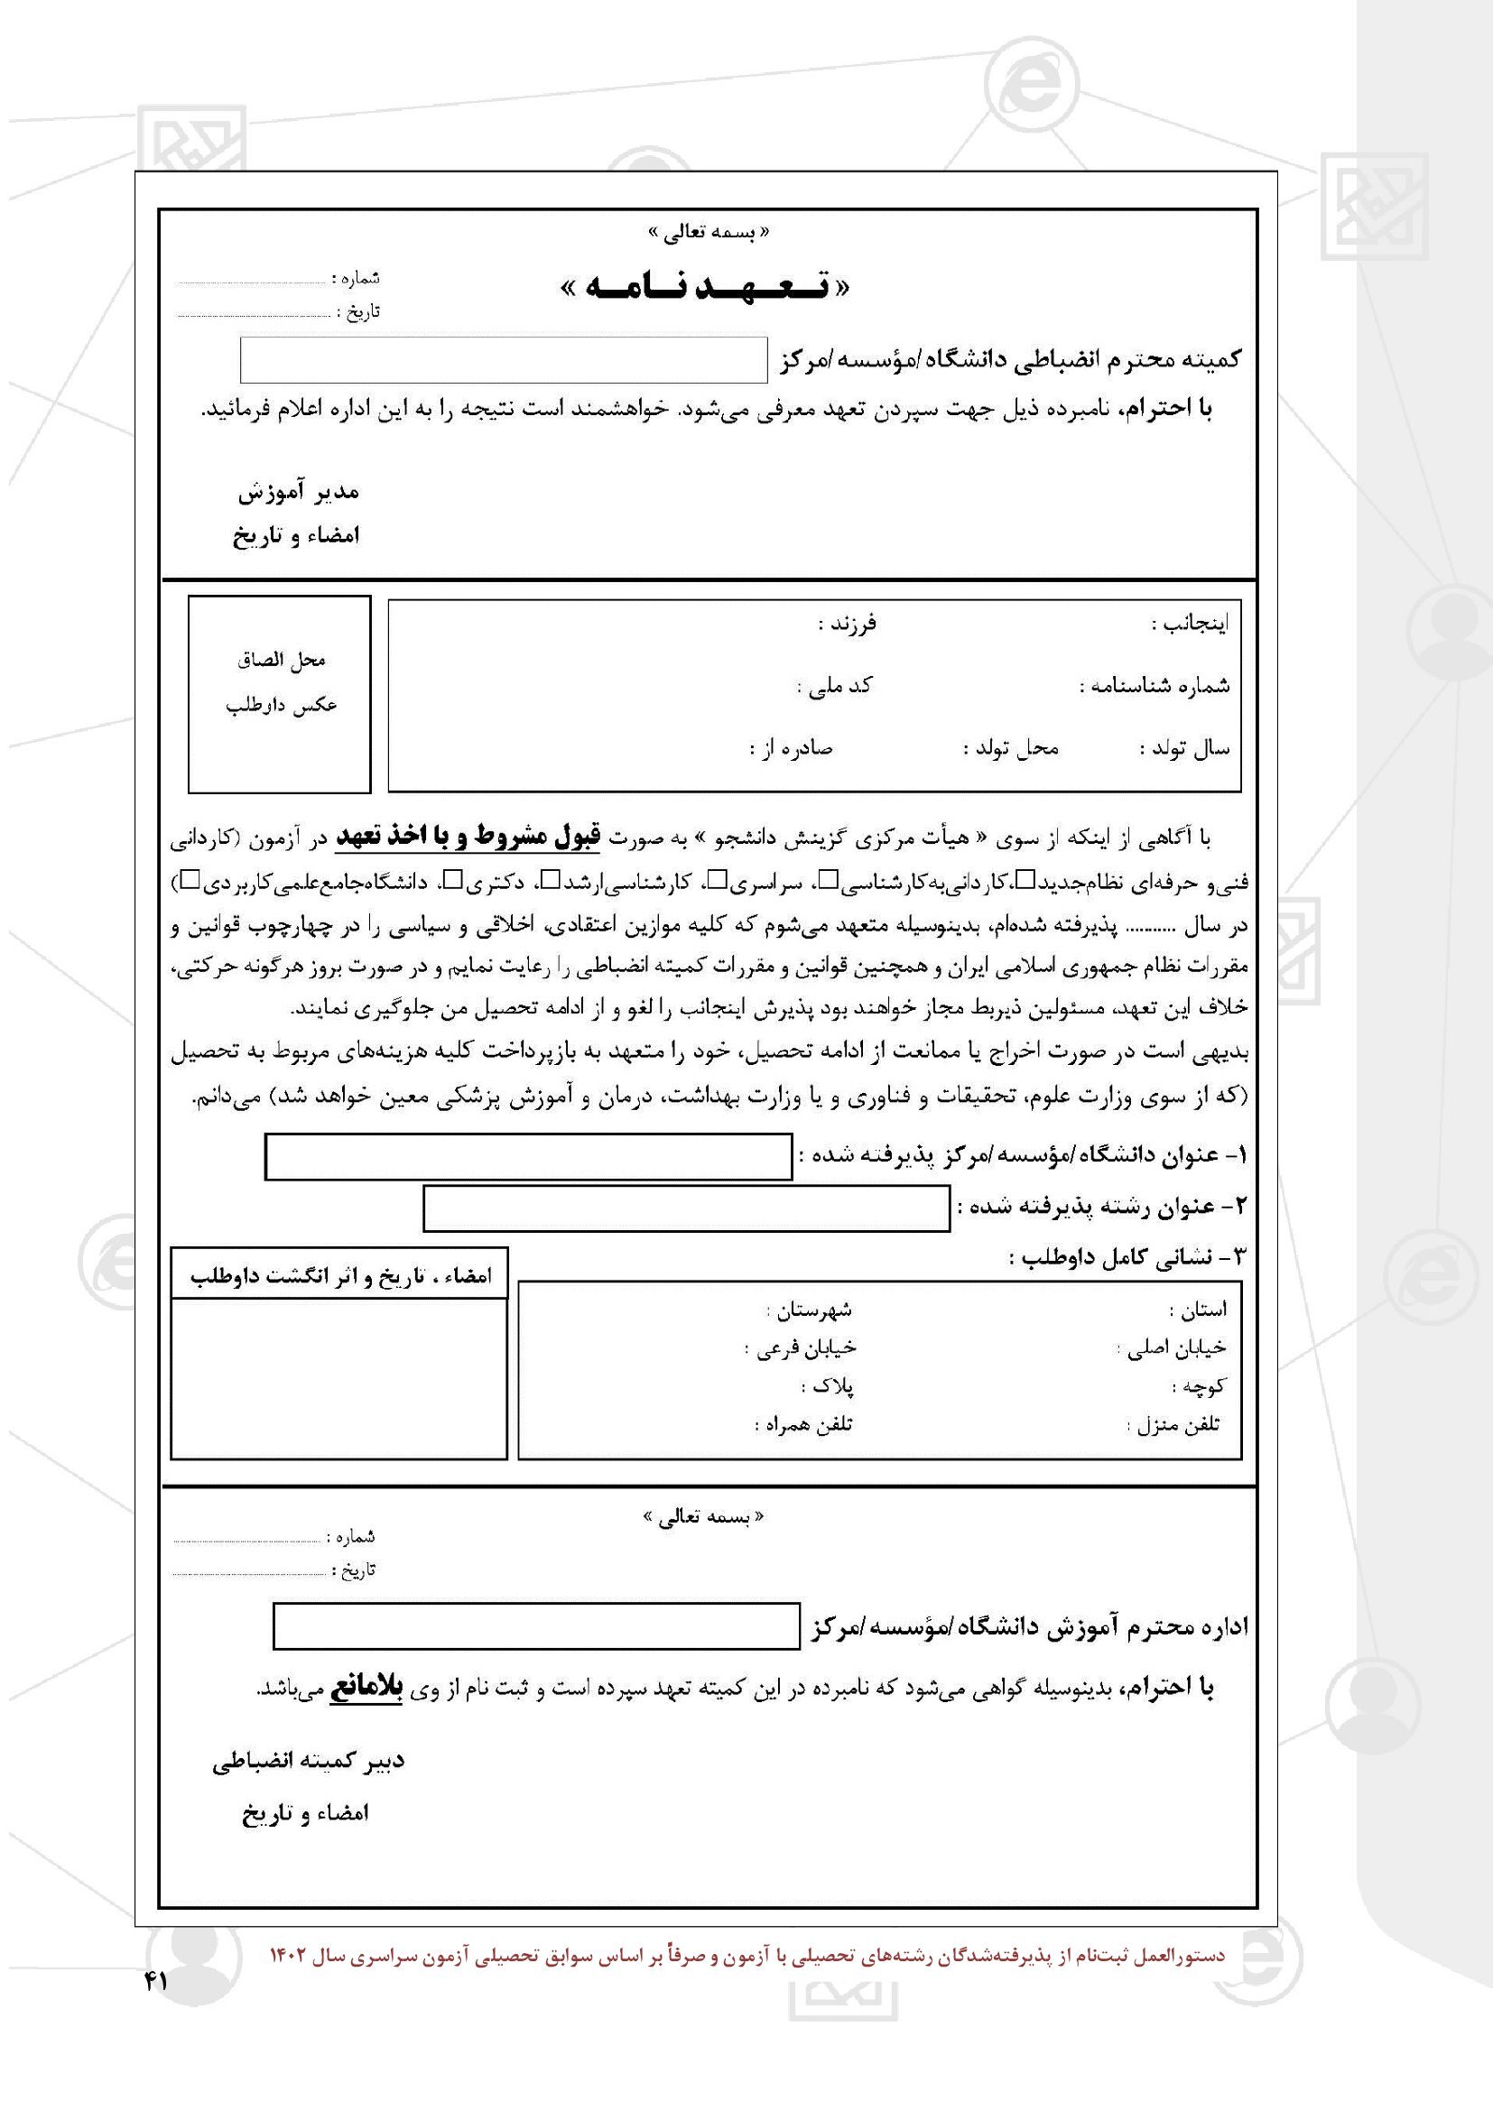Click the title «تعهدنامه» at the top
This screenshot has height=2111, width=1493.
704,289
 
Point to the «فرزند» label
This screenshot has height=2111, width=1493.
848,625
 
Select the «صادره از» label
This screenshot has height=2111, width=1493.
791,748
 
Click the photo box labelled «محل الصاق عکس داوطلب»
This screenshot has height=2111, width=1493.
280,694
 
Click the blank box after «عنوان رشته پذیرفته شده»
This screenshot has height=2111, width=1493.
686,1208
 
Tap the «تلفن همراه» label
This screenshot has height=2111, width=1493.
803,1425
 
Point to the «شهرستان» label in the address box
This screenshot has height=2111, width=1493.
809,1310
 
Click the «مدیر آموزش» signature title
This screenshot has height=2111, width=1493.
299,493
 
